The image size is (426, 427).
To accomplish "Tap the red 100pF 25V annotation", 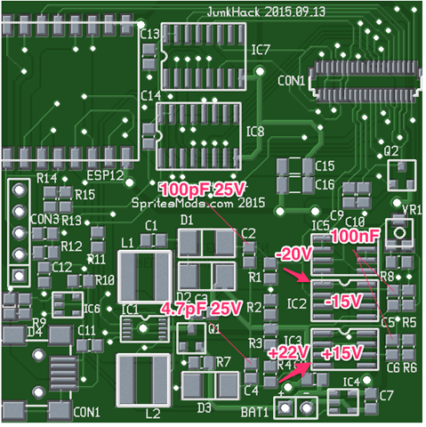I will [201, 189].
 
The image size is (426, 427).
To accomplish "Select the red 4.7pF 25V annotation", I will [201, 309].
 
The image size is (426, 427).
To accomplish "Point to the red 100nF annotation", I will [358, 238].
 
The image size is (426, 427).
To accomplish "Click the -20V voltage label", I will [293, 254].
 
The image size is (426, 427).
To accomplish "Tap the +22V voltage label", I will [287, 353].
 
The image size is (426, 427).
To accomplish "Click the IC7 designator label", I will [261, 49].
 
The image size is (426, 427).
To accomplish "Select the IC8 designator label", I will [256, 132].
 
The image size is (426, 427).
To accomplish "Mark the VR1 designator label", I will [412, 210].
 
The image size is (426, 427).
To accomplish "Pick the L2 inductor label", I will [153, 413].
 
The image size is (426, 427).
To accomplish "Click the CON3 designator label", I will [44, 219].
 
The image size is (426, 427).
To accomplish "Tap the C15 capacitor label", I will [324, 166].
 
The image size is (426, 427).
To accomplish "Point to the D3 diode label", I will [205, 407].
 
